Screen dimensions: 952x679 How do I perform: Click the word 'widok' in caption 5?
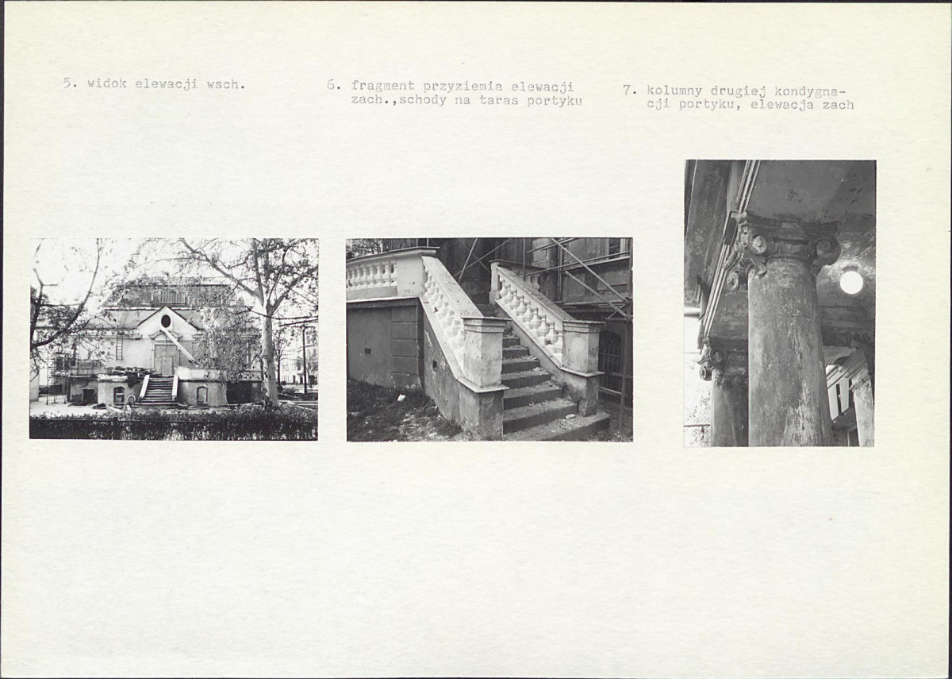(106, 83)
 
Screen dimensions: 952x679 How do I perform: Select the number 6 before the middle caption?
(332, 85)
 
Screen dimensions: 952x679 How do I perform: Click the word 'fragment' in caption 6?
(382, 87)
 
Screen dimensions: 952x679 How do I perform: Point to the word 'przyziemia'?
(463, 87)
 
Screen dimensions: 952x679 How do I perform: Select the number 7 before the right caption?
(628, 91)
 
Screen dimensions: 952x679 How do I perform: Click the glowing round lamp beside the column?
(851, 282)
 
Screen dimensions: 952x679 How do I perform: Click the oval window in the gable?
(166, 321)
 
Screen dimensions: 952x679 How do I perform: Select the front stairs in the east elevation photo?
(159, 391)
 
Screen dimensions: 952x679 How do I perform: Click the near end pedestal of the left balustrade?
(484, 353)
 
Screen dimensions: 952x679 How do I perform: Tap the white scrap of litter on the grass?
(401, 398)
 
